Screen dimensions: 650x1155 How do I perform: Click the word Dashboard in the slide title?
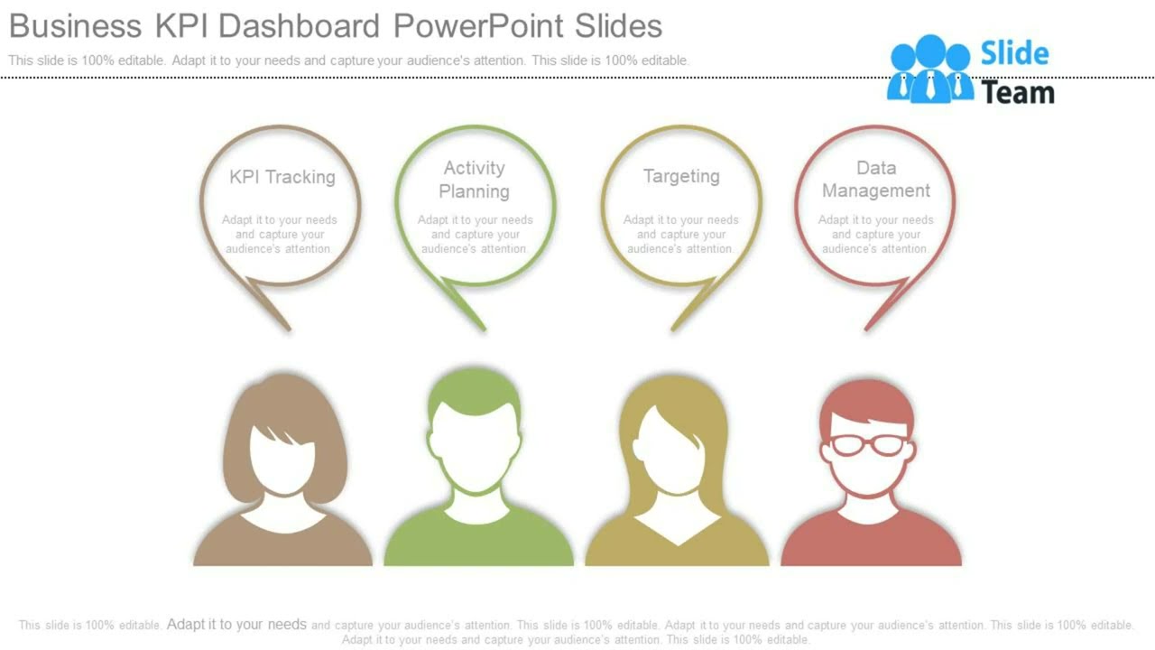pos(299,26)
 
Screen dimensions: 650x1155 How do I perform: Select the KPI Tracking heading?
pos(282,177)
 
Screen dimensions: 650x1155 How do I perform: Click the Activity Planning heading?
pos(474,180)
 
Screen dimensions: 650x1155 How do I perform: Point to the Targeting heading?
pos(681,176)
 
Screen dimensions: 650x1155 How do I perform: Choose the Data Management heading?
pos(875,180)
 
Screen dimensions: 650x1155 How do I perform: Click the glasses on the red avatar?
pos(867,444)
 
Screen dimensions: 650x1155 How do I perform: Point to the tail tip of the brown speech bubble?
pos(288,329)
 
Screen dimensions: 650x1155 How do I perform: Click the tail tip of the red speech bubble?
pos(867,329)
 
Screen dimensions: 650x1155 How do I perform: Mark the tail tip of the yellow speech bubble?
pos(673,329)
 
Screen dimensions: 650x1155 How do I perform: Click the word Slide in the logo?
pos(1014,54)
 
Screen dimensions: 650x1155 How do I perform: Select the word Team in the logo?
pos(1017,92)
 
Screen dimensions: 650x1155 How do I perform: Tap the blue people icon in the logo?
pos(929,69)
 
